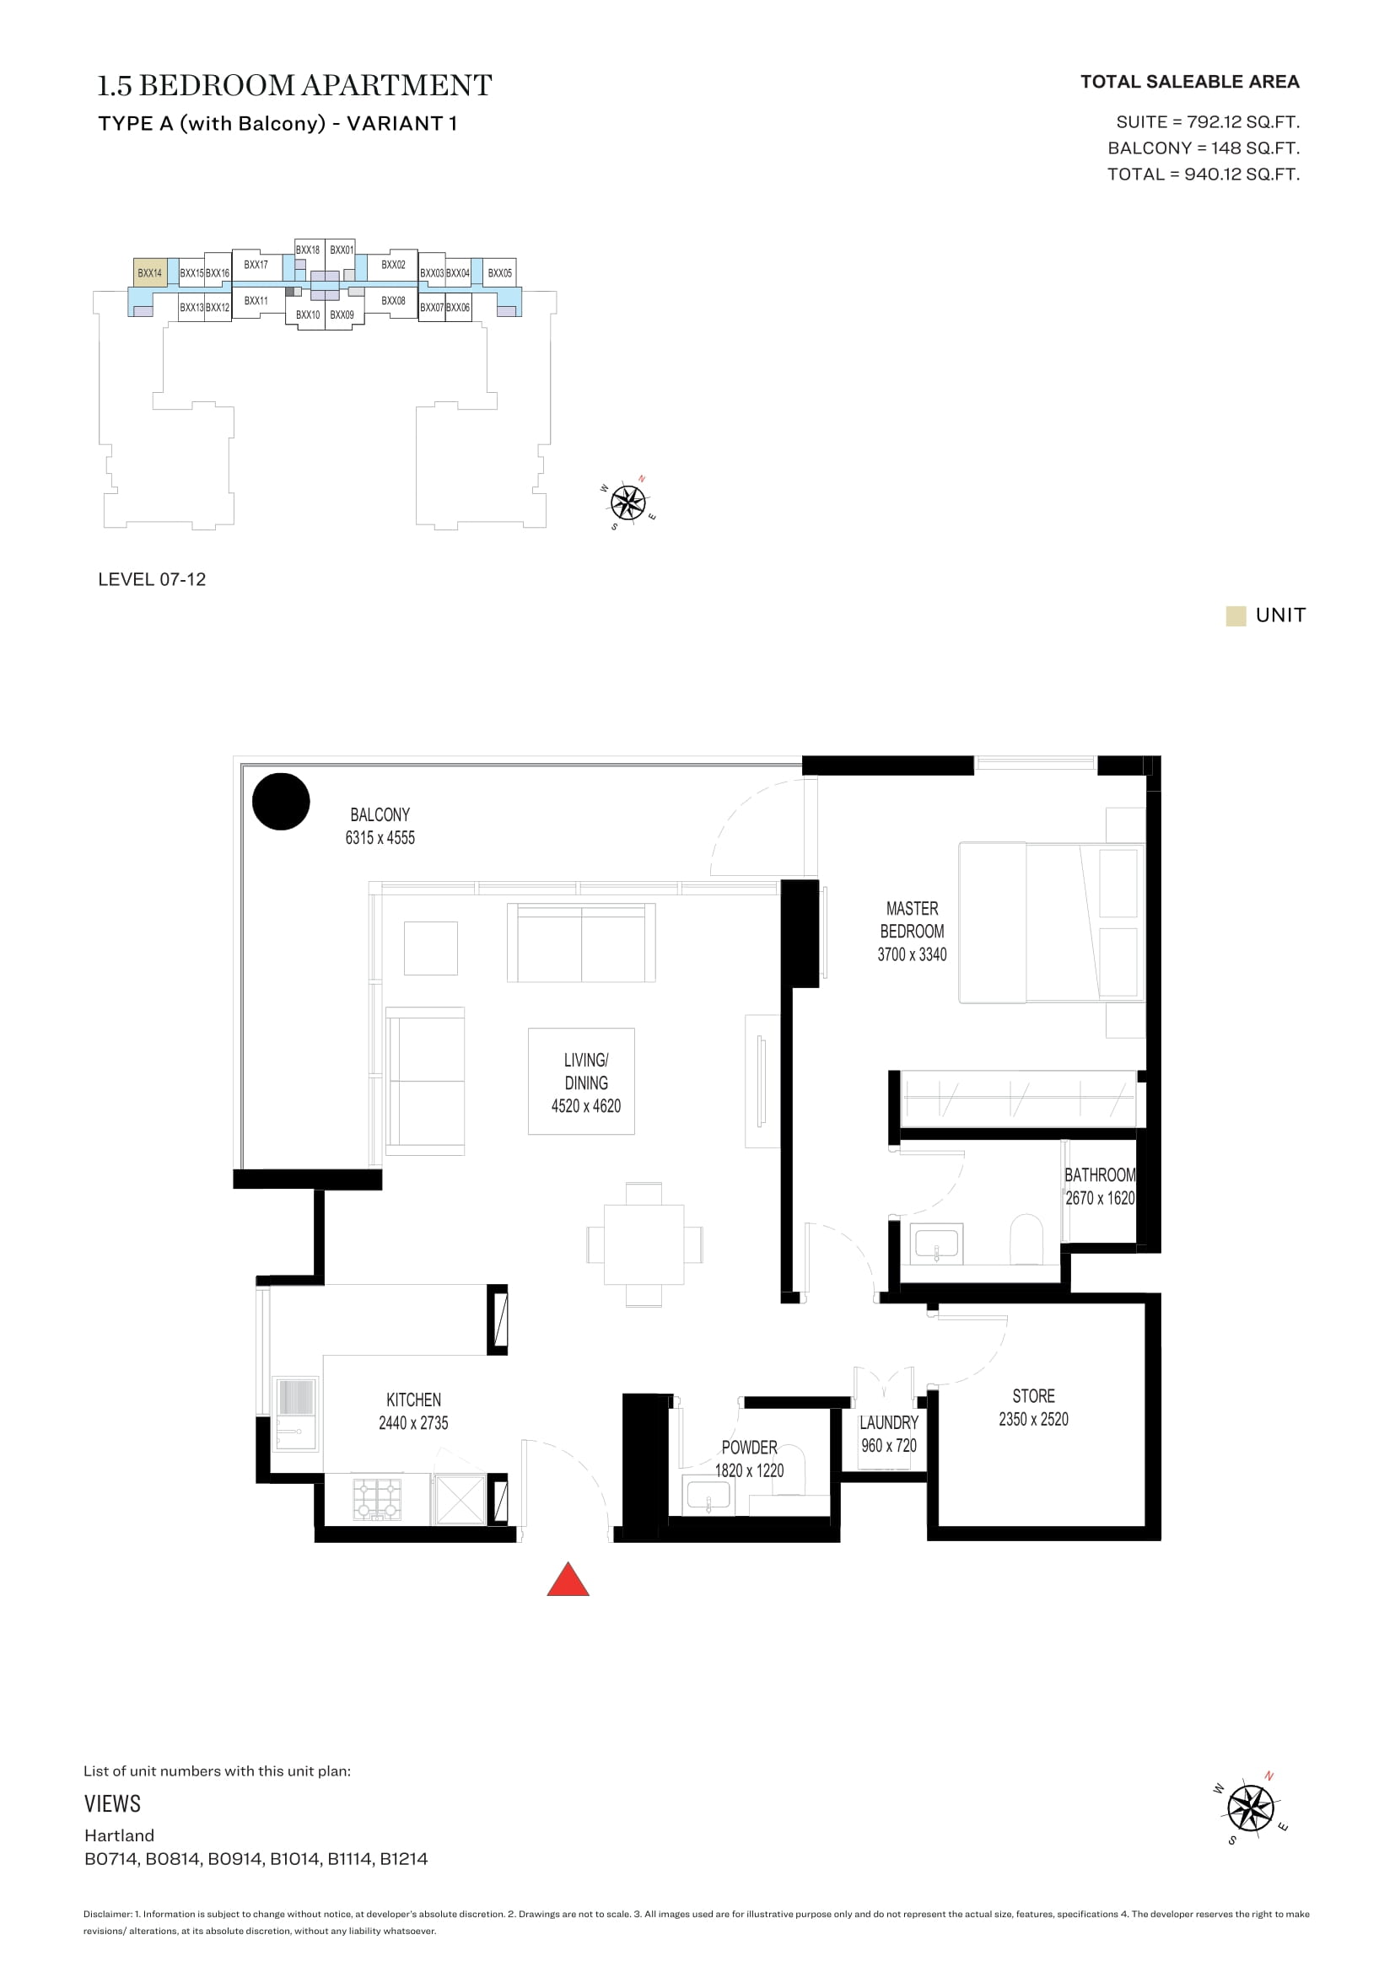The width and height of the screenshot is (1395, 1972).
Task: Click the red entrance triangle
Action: (568, 1579)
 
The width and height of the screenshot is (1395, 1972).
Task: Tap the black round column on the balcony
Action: (281, 801)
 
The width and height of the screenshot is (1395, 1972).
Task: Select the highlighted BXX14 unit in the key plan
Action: (149, 272)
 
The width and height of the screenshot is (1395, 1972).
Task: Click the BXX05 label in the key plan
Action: (500, 273)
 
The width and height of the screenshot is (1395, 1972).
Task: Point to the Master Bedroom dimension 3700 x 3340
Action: (913, 954)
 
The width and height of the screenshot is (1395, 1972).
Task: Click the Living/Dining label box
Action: (582, 1082)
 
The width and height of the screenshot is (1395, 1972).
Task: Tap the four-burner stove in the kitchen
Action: (378, 1499)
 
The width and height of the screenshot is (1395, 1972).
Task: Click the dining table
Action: (644, 1244)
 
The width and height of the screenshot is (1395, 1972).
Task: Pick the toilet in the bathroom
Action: (1026, 1239)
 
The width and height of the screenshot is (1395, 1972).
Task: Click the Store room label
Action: (1033, 1395)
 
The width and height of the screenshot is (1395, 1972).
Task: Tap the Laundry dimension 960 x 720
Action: (889, 1446)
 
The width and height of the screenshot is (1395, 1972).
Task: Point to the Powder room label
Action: (749, 1448)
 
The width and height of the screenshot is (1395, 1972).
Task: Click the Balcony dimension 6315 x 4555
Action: (380, 837)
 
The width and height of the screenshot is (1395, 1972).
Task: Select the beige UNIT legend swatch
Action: (1236, 615)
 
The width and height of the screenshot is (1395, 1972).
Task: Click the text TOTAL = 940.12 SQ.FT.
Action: (1204, 175)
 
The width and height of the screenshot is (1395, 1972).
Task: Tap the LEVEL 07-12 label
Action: (152, 579)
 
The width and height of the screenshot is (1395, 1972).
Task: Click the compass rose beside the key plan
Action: (629, 502)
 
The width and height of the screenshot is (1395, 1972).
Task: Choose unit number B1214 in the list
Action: (404, 1859)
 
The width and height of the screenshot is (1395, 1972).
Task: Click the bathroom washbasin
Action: (936, 1243)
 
